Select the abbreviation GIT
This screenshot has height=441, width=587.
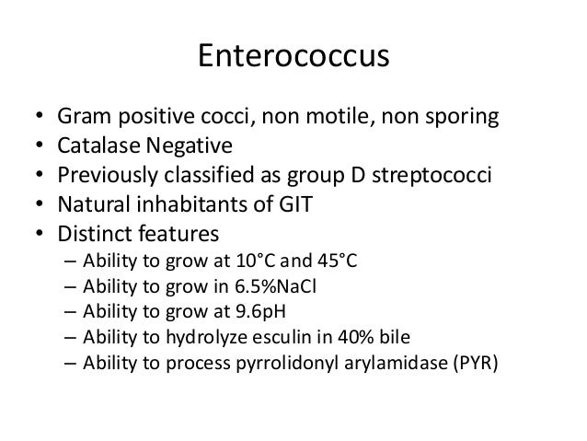point(294,203)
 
